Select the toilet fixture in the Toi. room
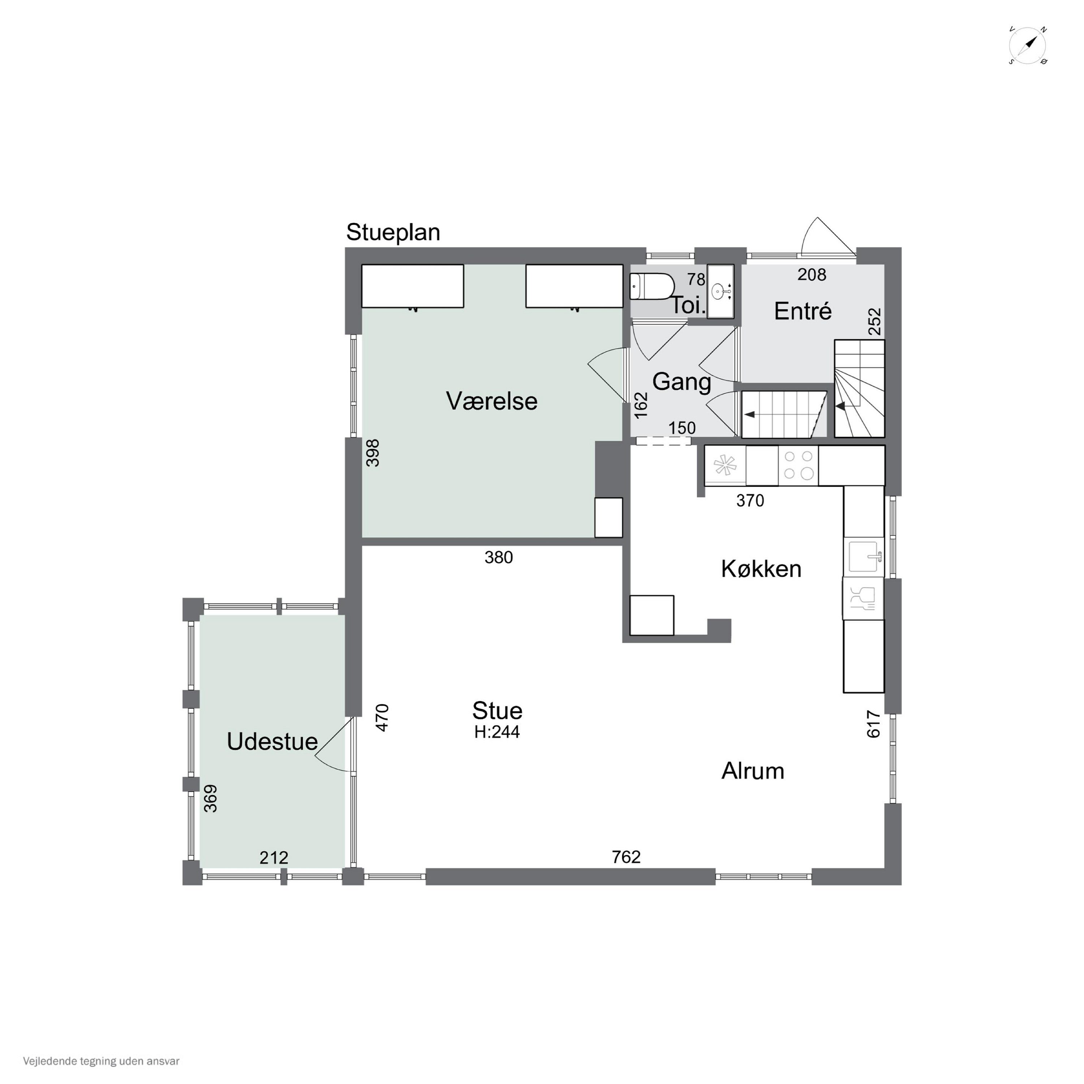651,287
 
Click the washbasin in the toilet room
720,291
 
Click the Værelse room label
491,401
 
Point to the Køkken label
761,569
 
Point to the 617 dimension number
874,724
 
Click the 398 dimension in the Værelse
373,453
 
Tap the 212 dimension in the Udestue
274,857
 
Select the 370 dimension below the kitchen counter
750,500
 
